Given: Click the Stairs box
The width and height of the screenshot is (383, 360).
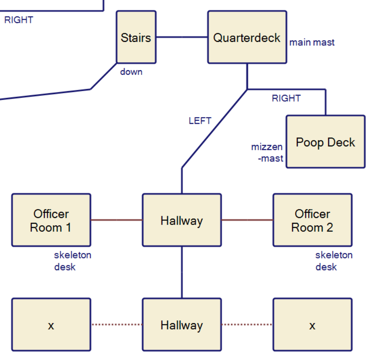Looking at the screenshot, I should [136, 37].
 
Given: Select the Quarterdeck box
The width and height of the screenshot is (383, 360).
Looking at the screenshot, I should [247, 37].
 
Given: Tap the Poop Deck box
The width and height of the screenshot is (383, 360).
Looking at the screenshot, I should [325, 142].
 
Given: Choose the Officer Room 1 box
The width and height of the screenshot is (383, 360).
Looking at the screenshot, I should [51, 220].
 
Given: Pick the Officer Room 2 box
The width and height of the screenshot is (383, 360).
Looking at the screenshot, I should [312, 220].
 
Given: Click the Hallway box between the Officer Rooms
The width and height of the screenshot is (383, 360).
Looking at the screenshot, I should [182, 220].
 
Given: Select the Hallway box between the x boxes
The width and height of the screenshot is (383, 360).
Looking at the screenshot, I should [182, 325].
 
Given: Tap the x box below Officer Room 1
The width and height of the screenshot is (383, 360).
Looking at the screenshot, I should [51, 325].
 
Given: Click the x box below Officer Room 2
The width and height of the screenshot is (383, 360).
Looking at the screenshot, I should [312, 325].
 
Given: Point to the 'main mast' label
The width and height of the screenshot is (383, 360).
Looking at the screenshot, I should [312, 42].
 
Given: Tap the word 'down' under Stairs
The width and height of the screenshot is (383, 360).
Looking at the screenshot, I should [131, 71].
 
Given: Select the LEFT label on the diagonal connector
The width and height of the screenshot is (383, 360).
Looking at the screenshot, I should [200, 121].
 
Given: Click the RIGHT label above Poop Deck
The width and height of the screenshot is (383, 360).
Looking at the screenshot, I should [286, 98].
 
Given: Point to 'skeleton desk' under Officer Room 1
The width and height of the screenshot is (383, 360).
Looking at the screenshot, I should [72, 260].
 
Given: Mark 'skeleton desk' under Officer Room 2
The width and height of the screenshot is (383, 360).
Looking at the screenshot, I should [334, 260].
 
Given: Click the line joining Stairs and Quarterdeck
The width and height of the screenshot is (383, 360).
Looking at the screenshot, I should [182, 37].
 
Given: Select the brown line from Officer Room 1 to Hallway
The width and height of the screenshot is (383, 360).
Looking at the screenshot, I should [117, 220].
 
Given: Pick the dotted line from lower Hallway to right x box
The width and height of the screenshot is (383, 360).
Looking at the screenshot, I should [247, 324].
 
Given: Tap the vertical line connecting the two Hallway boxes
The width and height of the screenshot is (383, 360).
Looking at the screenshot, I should [182, 272].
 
